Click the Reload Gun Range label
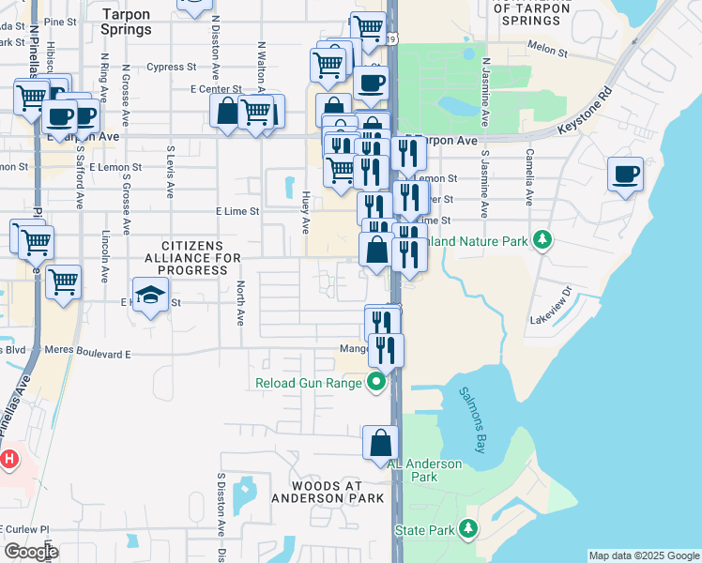pos(309,383)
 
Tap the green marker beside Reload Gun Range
pos(376,382)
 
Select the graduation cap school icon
pos(150,295)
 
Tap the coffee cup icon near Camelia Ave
pos(625,174)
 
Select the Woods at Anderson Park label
pos(328,491)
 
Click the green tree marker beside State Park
pos(467,531)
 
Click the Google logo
pos(31,552)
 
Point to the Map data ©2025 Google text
pos(644,555)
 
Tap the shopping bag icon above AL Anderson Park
pos(380,443)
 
